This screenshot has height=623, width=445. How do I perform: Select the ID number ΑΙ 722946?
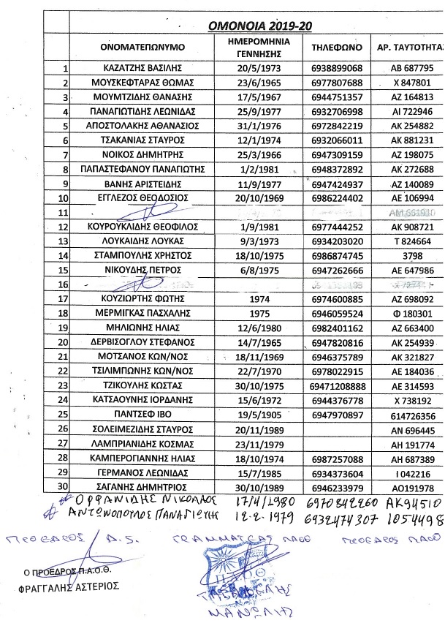pos(407,111)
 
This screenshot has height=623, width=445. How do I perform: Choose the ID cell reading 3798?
pos(407,255)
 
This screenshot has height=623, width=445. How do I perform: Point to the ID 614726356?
pos(407,414)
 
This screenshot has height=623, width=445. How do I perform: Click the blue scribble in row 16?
pos(146,283)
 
